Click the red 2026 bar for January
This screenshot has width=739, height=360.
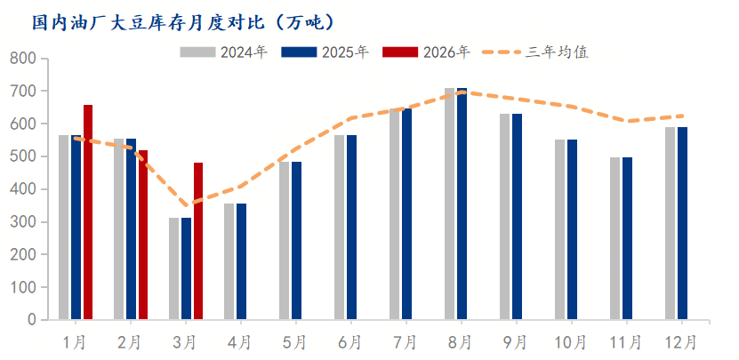pos(88,212)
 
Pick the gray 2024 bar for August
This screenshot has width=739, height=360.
pos(449,204)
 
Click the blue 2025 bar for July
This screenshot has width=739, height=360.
pos(406,213)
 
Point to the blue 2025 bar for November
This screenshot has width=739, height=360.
pos(627,238)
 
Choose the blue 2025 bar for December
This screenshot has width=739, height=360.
pos(682,223)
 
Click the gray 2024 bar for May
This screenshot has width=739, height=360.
pos(284,240)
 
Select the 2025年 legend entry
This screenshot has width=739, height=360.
pos(325,52)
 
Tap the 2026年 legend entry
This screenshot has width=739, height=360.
pos(427,52)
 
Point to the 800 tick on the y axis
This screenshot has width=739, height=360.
pos(24,59)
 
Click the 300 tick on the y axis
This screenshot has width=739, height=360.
pos(24,222)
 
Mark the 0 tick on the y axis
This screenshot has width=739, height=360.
pos(31,320)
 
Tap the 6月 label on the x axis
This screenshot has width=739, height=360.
pos(349,341)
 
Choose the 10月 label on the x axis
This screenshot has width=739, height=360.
pos(570,341)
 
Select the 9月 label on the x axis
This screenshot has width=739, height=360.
pos(515,341)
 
